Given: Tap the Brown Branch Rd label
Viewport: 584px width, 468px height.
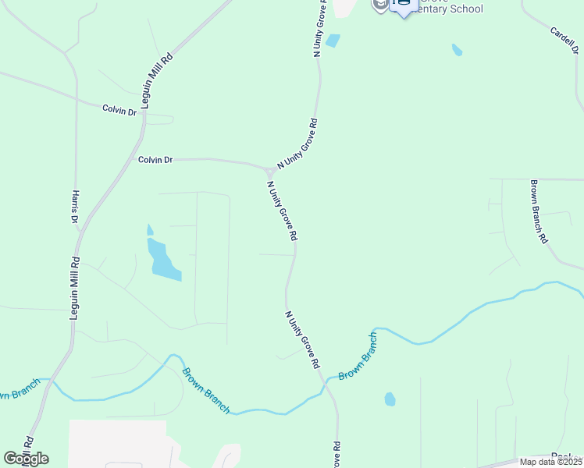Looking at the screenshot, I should [538, 212].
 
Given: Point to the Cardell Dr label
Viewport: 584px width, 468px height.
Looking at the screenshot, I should [564, 44].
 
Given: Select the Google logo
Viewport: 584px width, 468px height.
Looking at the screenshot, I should [26, 458].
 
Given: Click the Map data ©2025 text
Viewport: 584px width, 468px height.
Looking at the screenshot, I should [550, 462].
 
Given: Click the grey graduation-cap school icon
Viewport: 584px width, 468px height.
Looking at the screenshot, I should [379, 5].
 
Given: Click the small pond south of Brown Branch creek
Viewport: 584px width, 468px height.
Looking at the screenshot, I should [390, 399].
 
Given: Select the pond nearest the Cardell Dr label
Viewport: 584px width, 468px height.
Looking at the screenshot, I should [457, 50].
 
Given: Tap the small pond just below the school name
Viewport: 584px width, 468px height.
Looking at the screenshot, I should [333, 41].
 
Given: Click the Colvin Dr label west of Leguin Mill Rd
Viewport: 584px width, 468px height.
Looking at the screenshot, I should [119, 110].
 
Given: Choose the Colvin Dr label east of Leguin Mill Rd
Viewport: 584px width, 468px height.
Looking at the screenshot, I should [155, 160].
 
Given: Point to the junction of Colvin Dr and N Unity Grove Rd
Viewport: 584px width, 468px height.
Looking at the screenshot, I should [269, 169].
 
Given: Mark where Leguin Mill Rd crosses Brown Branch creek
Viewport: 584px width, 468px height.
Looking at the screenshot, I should [48, 381].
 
